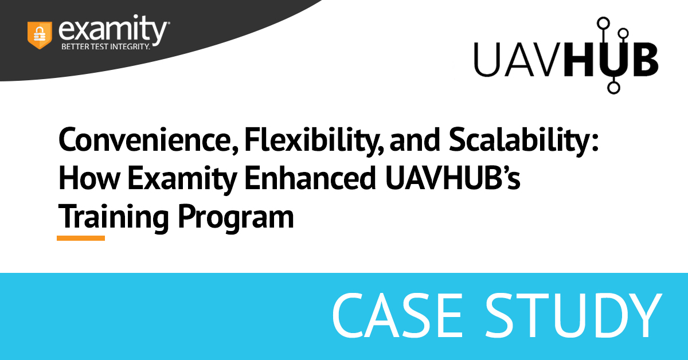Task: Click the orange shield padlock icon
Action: tap(40, 35)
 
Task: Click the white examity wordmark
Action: tap(112, 30)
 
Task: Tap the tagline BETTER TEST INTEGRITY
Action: tap(105, 46)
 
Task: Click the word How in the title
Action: tap(89, 178)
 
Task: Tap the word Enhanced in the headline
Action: tap(310, 178)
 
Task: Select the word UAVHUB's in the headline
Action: tap(453, 178)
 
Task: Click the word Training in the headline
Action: tap(114, 217)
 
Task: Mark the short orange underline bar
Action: tap(81, 238)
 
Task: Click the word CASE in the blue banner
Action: tap(397, 315)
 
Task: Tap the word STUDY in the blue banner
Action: tap(573, 315)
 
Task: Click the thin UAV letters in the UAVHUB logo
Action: tap(519, 60)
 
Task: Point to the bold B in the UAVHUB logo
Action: tap(643, 60)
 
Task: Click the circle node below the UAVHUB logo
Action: tap(613, 88)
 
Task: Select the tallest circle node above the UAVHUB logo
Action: tap(604, 24)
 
